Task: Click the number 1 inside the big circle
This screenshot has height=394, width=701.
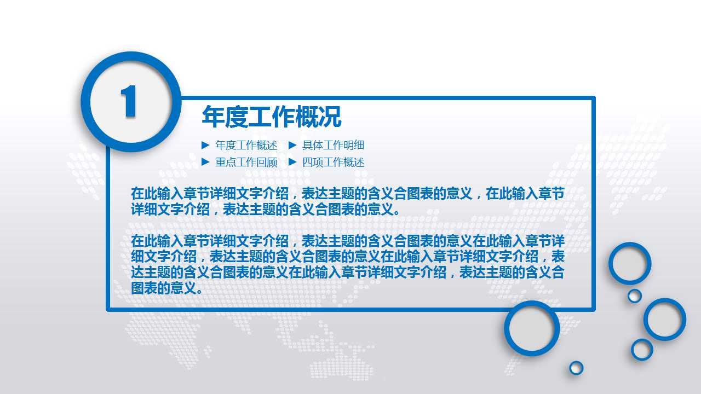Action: tap(129, 102)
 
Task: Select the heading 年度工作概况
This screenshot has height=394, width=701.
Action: tap(272, 117)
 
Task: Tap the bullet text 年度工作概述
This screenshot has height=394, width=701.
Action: tap(246, 146)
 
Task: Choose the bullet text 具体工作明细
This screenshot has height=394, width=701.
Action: tap(333, 146)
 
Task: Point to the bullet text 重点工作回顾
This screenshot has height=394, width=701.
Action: tap(246, 163)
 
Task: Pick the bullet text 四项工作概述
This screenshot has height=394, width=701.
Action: tap(333, 163)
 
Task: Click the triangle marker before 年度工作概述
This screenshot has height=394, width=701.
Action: tap(205, 145)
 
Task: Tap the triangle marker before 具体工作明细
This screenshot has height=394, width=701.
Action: tap(292, 145)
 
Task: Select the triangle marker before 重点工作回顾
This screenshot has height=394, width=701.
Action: tap(205, 162)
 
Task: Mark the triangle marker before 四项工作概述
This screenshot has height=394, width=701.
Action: tap(292, 162)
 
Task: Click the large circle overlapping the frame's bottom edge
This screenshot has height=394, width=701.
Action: tap(532, 328)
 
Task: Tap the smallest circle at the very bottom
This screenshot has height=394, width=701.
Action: tap(576, 368)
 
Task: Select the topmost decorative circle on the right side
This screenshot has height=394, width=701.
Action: tap(630, 263)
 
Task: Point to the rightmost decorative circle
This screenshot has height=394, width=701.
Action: tap(665, 319)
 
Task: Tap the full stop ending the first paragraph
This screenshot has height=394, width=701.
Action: tap(397, 211)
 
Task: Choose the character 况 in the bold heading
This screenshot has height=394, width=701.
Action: tap(330, 117)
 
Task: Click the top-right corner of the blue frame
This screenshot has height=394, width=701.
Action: tap(593, 99)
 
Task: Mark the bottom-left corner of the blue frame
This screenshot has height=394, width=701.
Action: tap(108, 309)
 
